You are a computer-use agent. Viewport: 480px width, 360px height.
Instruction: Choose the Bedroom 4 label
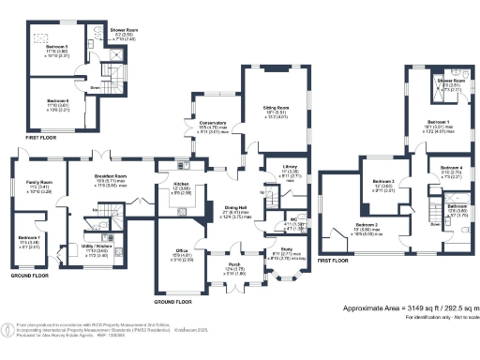click(x=451, y=168)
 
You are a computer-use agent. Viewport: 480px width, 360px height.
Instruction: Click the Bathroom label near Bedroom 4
click(x=457, y=206)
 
